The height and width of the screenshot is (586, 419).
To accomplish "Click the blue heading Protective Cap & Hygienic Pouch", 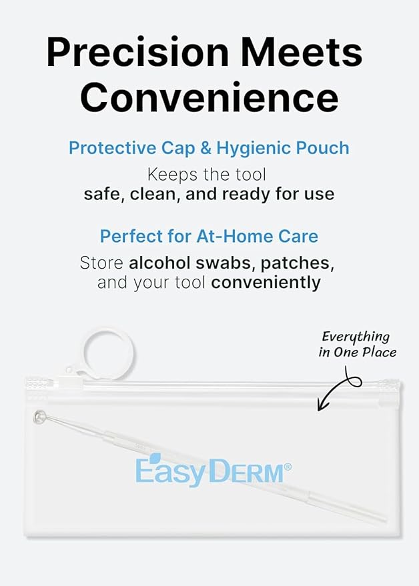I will coord(209,147).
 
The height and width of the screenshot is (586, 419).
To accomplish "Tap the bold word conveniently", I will coord(266,282).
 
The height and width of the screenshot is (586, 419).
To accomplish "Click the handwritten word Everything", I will coord(356,337).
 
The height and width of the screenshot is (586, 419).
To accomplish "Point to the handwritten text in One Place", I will coord(358,353).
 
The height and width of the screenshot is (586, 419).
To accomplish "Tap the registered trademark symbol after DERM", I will coord(288,467).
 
